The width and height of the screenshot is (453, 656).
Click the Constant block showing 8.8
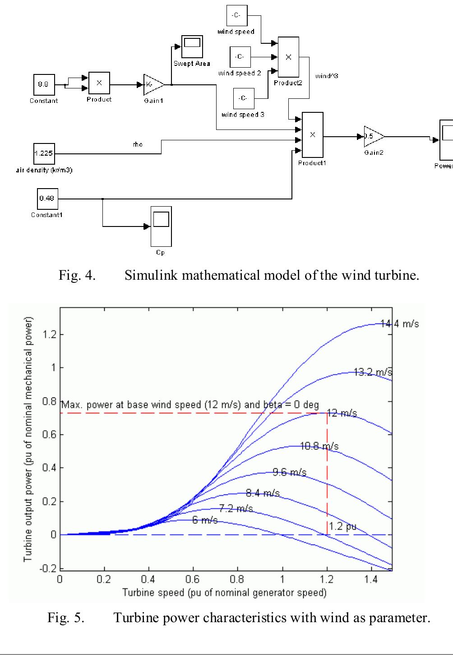[x=44, y=84]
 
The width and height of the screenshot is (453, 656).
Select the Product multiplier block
[x=99, y=83]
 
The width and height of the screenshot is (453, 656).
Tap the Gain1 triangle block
[x=153, y=84]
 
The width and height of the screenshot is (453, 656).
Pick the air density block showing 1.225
[x=44, y=153]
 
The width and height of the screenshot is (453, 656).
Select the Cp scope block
[x=161, y=226]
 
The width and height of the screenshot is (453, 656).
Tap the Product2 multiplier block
[x=288, y=57]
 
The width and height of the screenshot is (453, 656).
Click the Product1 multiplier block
[x=312, y=134]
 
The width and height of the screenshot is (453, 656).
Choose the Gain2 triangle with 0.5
[x=373, y=136]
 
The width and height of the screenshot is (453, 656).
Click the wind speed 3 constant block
[x=243, y=98]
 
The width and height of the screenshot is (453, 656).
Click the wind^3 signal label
[x=327, y=76]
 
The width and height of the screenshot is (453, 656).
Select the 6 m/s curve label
[x=205, y=520]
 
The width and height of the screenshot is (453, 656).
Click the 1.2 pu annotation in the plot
[x=343, y=526]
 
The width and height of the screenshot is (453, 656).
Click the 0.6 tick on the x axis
[x=193, y=579]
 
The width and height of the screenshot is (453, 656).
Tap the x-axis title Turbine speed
[x=224, y=592]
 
